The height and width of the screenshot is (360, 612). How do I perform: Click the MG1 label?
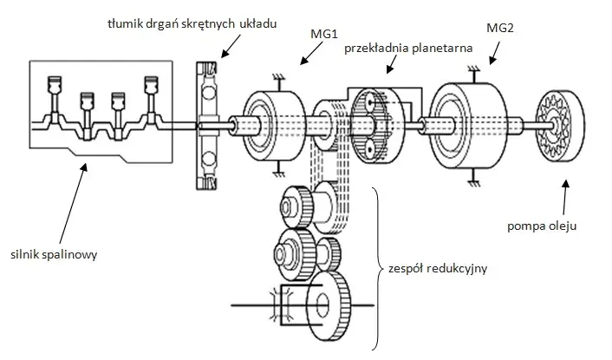(x=323, y=34)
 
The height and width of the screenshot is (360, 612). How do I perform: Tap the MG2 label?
(x=500, y=28)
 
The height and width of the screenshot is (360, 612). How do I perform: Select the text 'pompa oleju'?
(x=542, y=226)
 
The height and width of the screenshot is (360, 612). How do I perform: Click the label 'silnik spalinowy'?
(x=54, y=255)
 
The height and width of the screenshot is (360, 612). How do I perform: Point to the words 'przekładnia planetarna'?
(x=408, y=49)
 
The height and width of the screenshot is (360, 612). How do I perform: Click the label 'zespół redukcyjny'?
(x=438, y=269)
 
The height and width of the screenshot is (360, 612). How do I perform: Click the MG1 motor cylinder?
(x=274, y=126)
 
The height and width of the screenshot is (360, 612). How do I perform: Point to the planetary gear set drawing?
(x=378, y=126)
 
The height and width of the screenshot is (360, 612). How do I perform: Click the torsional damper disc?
(x=207, y=126)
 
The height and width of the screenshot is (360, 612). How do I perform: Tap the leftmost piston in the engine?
(x=55, y=84)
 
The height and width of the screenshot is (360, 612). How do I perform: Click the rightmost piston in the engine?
(x=151, y=84)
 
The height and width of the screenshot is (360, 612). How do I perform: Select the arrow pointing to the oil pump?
(x=565, y=199)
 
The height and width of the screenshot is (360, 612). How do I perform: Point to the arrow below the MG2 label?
(x=494, y=54)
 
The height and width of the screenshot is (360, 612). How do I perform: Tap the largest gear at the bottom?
(x=329, y=305)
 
